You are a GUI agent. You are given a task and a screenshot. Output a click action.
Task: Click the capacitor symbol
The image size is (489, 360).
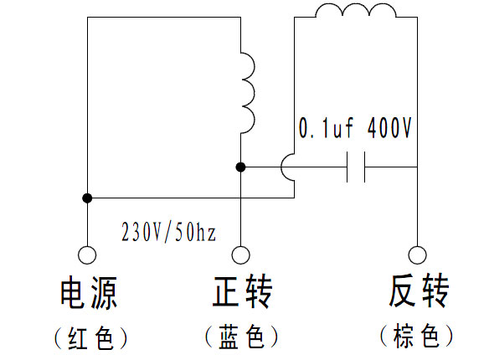tap(356, 167)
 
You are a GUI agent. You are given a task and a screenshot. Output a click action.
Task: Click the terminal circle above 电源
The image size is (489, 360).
tap(87, 255)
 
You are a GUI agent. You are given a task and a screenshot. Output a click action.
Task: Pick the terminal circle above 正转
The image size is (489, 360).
tap(241, 255)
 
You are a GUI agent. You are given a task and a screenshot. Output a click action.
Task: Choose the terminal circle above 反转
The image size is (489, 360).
tap(417, 255)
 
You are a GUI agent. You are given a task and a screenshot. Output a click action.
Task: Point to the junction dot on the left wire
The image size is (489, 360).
tap(87, 198)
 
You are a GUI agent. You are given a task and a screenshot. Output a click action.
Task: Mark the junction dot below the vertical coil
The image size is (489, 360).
tap(240, 167)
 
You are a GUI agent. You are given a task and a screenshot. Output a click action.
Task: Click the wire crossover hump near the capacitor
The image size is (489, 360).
tap(281, 167)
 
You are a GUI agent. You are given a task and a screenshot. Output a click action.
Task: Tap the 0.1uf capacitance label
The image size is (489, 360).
tap(326, 128)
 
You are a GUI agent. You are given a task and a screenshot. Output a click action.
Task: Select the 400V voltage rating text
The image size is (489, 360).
tap(389, 127)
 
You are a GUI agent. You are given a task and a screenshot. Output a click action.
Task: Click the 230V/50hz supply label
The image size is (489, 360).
tap(168, 232)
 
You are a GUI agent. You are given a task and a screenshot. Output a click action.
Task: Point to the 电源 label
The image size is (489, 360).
tap(89, 292)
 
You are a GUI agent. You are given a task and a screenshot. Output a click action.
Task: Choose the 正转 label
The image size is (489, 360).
tap(242, 291)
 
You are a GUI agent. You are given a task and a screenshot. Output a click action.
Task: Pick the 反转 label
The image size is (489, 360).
tap(419, 291)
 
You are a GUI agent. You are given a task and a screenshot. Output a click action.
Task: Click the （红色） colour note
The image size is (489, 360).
tap(90, 338)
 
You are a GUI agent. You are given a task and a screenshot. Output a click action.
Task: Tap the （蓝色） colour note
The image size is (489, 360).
tap(242, 337)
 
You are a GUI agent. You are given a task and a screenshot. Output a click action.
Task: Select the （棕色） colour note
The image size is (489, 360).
tap(417, 336)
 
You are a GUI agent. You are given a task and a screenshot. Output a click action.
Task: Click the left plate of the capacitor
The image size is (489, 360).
tap(347, 167)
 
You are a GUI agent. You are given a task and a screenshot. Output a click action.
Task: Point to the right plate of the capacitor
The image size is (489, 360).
tap(364, 167)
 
